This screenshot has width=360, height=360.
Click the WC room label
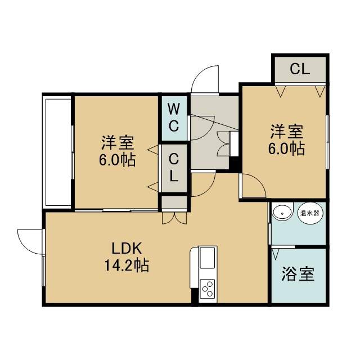(x=174, y=118)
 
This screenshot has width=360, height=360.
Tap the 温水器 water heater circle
(x=310, y=213)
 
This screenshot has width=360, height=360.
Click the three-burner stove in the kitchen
(x=208, y=289)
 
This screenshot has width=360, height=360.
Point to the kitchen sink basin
(x=208, y=258)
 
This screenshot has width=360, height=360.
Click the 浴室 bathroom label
(x=298, y=274)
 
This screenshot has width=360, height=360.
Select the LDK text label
(x=126, y=249)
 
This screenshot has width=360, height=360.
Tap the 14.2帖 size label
(x=127, y=265)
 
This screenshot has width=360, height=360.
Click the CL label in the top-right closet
(x=300, y=69)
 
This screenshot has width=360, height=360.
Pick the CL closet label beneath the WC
(x=174, y=168)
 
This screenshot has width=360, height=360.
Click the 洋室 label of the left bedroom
(x=118, y=143)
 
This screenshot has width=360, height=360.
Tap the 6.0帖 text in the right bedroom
(x=286, y=148)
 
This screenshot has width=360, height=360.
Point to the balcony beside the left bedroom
(x=58, y=152)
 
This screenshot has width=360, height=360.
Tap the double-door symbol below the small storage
(x=174, y=218)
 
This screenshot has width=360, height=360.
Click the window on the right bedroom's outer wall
(x=328, y=142)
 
